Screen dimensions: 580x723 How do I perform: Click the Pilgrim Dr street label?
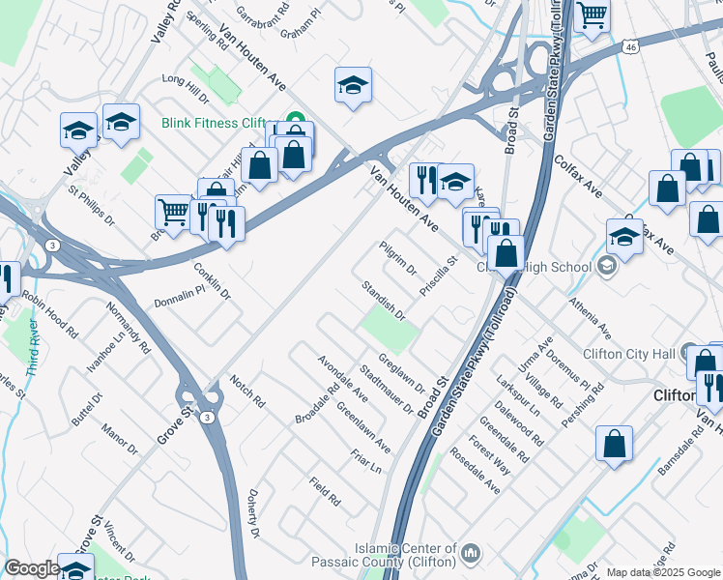tap(398, 258)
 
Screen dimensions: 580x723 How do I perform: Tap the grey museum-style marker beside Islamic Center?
tap(471, 553)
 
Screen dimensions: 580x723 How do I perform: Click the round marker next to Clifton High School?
tap(606, 266)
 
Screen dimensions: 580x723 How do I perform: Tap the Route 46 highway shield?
tap(630, 45)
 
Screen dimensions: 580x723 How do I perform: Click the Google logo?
tap(31, 568)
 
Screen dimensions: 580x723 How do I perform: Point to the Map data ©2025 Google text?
tap(663, 572)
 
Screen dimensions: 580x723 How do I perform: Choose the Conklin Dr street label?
tap(214, 281)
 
